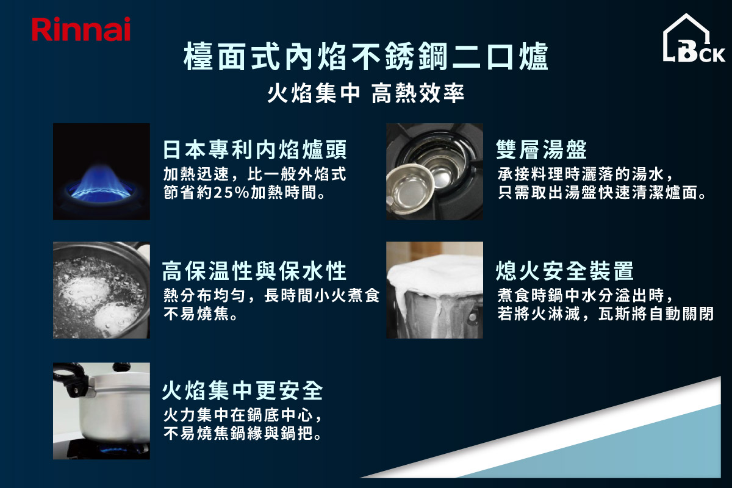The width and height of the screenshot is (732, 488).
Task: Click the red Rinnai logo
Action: tap(81, 29)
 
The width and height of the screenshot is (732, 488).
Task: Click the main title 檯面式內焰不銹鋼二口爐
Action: tap(365, 56)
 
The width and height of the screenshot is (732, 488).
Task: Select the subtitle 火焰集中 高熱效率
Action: tap(365, 93)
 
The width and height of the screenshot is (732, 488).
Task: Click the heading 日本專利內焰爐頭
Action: tap(254, 149)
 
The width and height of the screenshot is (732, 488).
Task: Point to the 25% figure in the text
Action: tap(231, 192)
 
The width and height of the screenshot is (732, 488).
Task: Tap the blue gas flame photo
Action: tap(101, 171)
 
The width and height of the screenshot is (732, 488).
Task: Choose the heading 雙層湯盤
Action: tap(541, 149)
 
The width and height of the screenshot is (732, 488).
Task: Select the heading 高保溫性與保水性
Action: tap(254, 271)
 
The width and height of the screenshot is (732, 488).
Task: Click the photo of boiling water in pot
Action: tap(101, 290)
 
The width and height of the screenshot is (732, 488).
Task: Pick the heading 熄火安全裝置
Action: tap(564, 271)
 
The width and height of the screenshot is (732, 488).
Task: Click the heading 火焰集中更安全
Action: tap(242, 390)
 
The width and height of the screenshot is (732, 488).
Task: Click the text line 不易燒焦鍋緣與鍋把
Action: tap(243, 434)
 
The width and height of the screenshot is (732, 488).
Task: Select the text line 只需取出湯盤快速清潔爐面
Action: tap(601, 192)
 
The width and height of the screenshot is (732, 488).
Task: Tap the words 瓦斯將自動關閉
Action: tap(656, 314)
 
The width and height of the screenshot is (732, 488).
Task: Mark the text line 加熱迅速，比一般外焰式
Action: tap(254, 174)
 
